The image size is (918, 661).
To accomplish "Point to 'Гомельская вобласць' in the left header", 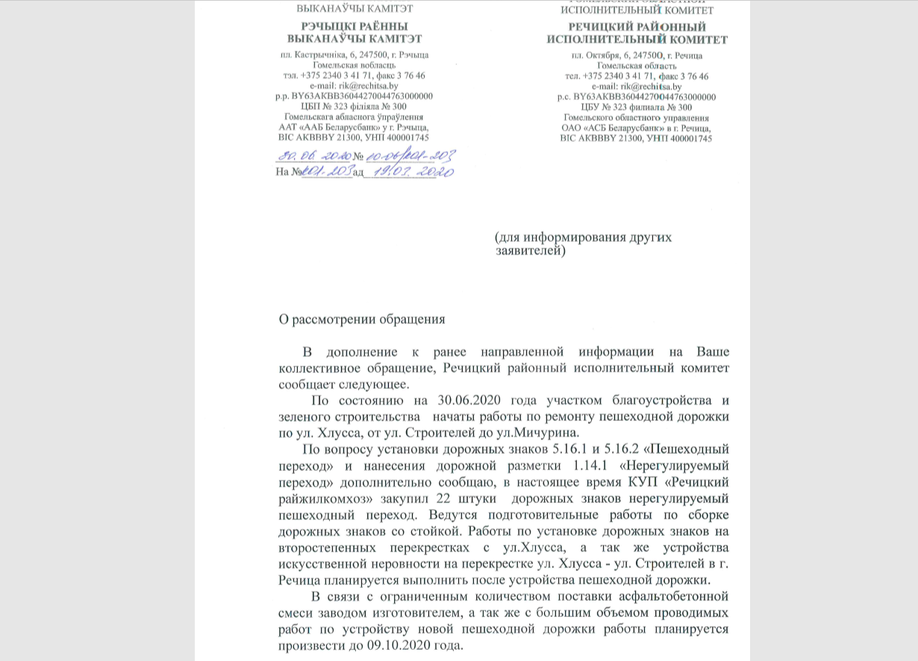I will (355, 66).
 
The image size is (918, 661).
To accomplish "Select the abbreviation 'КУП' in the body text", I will (628, 481).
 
